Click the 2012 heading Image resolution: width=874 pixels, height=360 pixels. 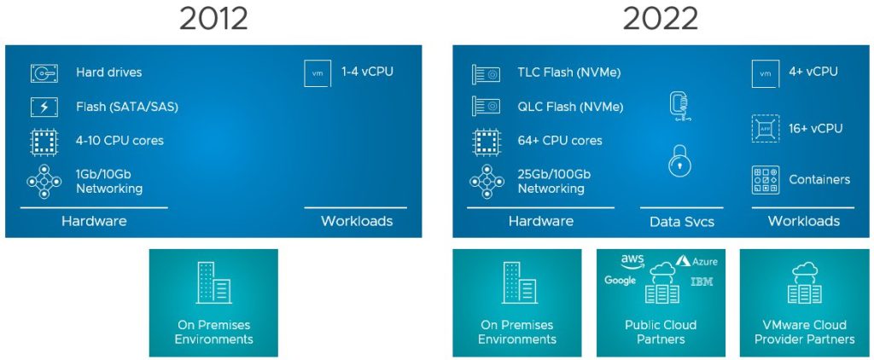(x=213, y=18)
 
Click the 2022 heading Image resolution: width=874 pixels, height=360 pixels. (x=661, y=18)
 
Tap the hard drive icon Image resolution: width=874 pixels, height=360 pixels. (x=44, y=73)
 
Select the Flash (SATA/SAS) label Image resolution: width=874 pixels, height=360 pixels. (x=126, y=107)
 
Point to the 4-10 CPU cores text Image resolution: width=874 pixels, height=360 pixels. (x=119, y=140)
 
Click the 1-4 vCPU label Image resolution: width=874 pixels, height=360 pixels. (x=367, y=72)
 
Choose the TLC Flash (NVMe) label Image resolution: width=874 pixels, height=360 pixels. (x=569, y=73)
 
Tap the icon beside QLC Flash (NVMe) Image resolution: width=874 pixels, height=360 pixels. (x=486, y=107)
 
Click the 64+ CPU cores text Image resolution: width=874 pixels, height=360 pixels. (x=559, y=140)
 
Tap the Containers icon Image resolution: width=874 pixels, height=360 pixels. (x=765, y=180)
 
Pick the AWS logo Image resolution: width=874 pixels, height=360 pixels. (x=632, y=260)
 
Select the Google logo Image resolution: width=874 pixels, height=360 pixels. (x=621, y=281)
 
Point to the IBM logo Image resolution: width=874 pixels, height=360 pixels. (x=702, y=282)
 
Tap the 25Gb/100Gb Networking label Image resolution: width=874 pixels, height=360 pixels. (x=554, y=181)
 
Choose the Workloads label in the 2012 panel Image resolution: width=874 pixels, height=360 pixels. (x=357, y=221)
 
